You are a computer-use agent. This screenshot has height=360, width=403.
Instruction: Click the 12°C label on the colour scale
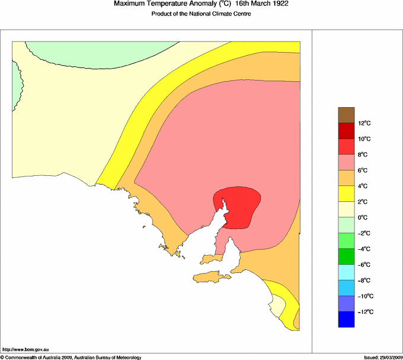tap(364, 123)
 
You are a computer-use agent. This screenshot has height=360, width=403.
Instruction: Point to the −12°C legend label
tap(365, 311)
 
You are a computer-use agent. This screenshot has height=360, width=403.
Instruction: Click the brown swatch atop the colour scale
tap(346, 114)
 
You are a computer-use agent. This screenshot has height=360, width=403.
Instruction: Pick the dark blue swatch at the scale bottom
tap(346, 319)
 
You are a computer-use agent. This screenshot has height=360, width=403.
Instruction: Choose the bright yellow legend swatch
tap(346, 194)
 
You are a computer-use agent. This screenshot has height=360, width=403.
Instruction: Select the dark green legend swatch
tap(346, 256)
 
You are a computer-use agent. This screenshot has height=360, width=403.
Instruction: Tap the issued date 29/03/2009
tap(382, 357)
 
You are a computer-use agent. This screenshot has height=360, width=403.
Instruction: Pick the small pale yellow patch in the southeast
tap(277, 306)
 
